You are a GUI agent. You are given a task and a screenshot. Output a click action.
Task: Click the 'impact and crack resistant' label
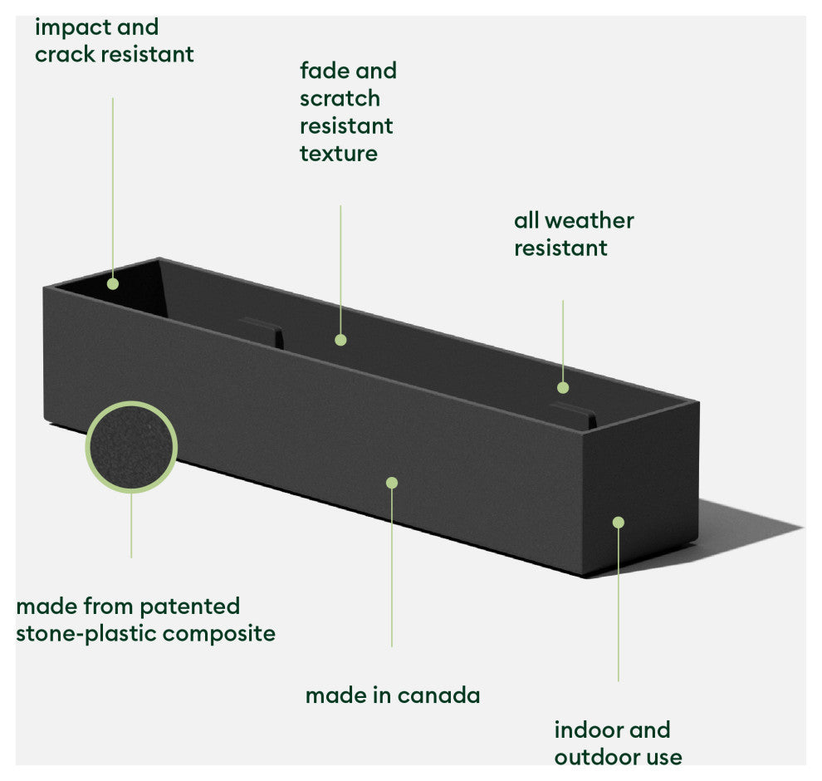click(x=114, y=41)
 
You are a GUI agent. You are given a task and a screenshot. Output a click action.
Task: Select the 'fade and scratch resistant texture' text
click(x=347, y=112)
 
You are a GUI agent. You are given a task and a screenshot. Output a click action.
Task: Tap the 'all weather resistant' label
click(x=573, y=234)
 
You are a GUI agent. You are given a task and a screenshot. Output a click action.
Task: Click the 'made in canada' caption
click(x=392, y=695)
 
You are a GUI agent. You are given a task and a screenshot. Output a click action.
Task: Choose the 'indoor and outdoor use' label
click(x=618, y=744)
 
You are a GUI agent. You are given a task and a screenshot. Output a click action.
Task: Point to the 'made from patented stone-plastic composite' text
click(x=145, y=620)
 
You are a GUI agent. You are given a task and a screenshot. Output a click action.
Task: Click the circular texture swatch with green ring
click(x=131, y=447)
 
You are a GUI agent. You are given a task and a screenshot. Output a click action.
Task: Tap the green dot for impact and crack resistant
click(x=113, y=284)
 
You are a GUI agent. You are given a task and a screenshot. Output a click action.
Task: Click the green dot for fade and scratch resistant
click(x=340, y=339)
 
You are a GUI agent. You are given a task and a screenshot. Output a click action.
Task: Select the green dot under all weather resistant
click(x=563, y=387)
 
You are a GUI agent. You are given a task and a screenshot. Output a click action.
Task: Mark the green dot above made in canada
click(x=392, y=483)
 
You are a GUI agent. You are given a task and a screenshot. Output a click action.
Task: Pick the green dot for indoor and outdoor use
click(x=618, y=522)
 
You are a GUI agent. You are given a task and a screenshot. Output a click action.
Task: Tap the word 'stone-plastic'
click(x=86, y=634)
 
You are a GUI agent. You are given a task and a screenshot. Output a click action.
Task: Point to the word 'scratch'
click(x=340, y=98)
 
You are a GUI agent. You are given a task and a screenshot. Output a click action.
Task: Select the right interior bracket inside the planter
click(x=573, y=413)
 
